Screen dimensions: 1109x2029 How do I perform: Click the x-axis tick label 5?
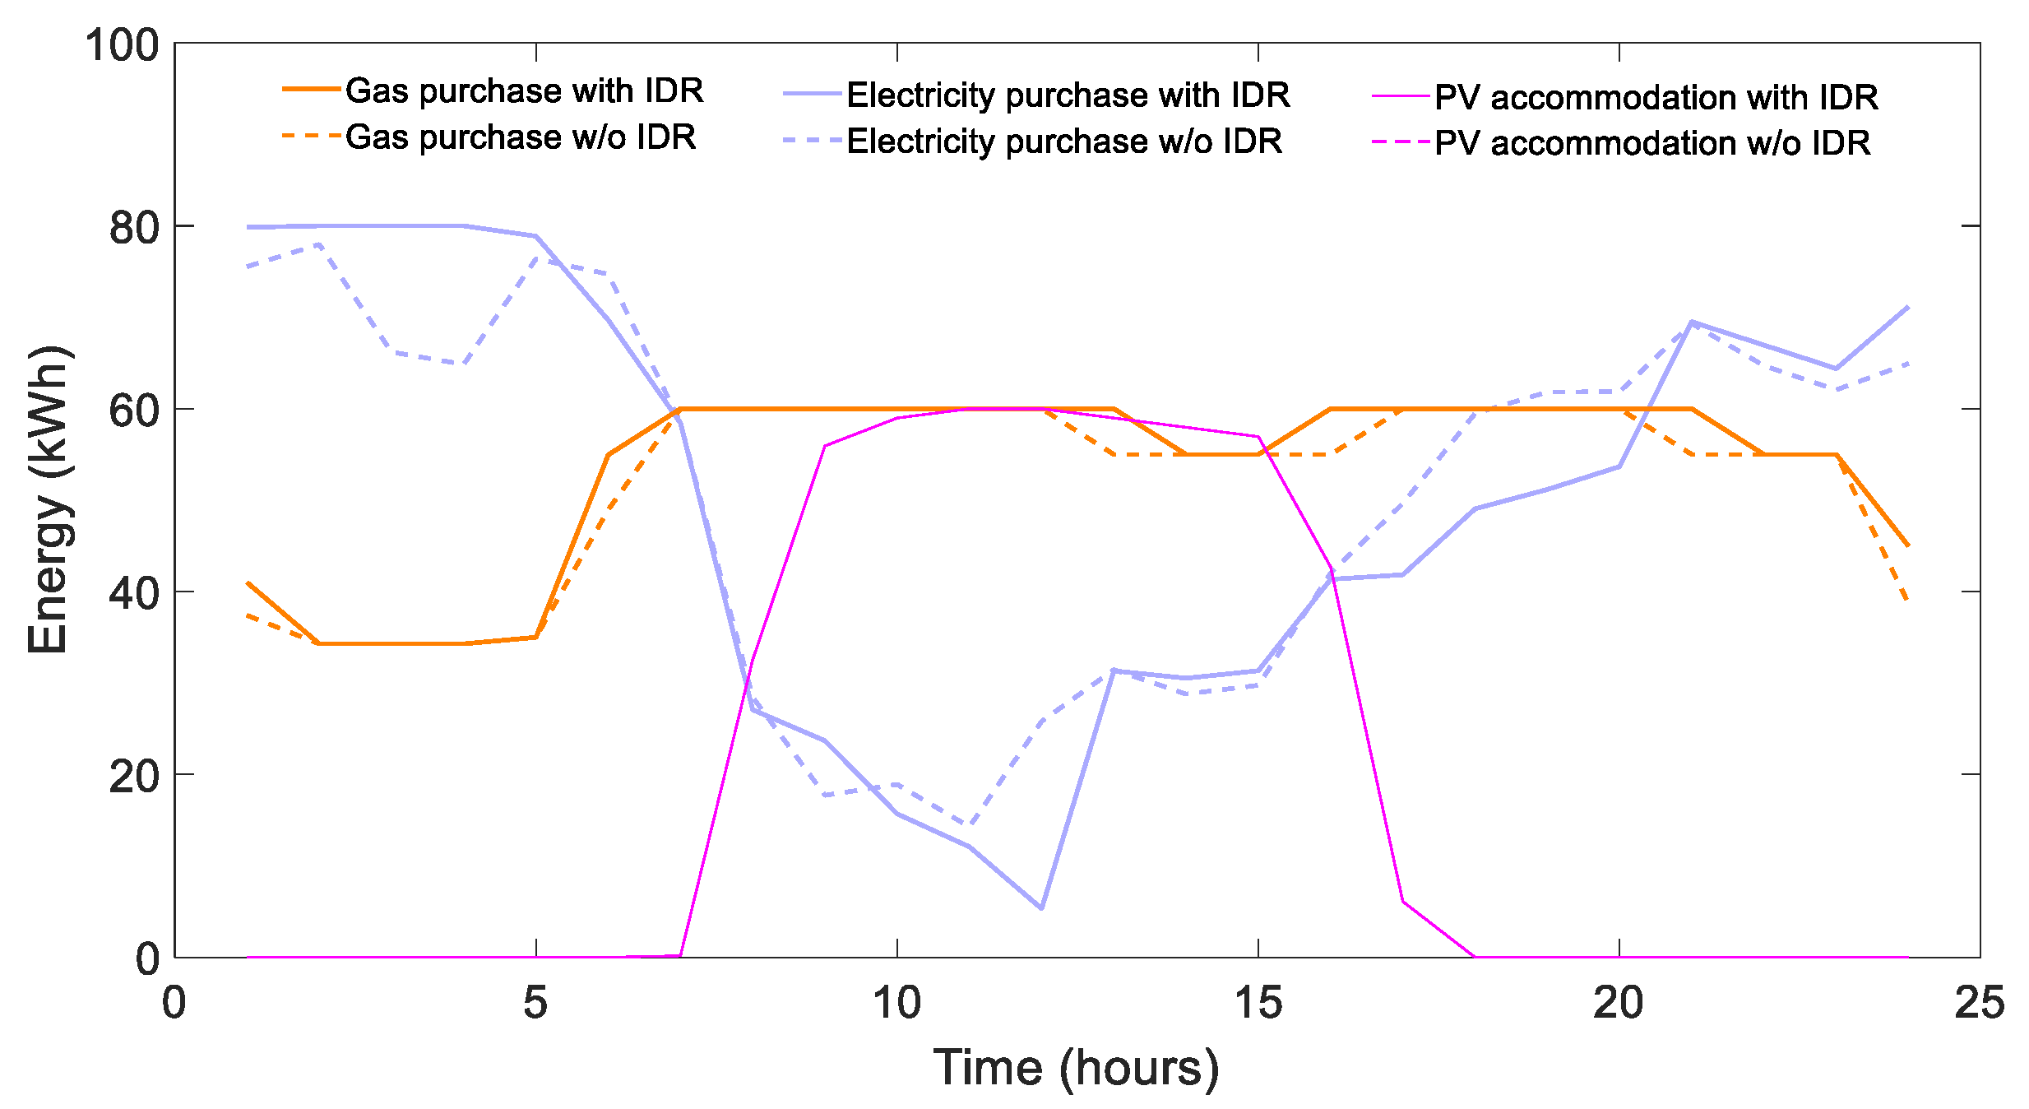click(x=535, y=1003)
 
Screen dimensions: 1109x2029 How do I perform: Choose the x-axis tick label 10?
click(x=896, y=1003)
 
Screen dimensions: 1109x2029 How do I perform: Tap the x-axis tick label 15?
click(x=1258, y=1003)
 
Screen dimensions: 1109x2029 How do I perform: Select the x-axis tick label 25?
click(x=1980, y=1003)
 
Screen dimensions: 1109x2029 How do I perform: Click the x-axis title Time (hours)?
click(x=1076, y=1067)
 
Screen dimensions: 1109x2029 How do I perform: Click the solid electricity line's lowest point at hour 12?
click(x=1041, y=908)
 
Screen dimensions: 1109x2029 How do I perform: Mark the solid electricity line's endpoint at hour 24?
click(x=1908, y=306)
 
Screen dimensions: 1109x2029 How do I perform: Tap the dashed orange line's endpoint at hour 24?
click(x=1908, y=601)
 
